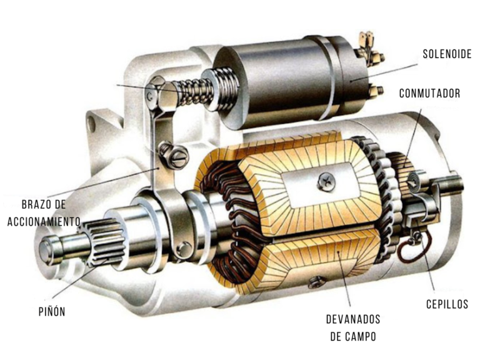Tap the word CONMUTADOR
429,94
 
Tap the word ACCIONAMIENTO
43,221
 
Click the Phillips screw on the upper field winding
326,182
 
